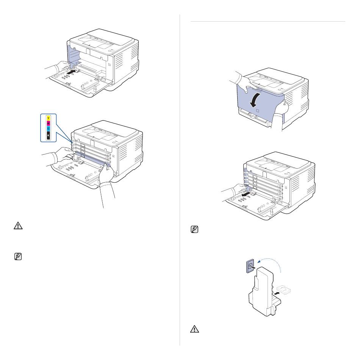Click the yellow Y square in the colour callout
48,118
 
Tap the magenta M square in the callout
48,124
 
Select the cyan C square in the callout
48,129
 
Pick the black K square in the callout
48,135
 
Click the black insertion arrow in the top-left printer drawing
71,72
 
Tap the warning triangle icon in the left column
18,226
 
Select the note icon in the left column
18,257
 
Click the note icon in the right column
194,229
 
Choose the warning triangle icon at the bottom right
194,329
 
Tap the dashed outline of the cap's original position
283,289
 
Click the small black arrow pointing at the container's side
277,294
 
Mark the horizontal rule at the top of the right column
268,22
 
